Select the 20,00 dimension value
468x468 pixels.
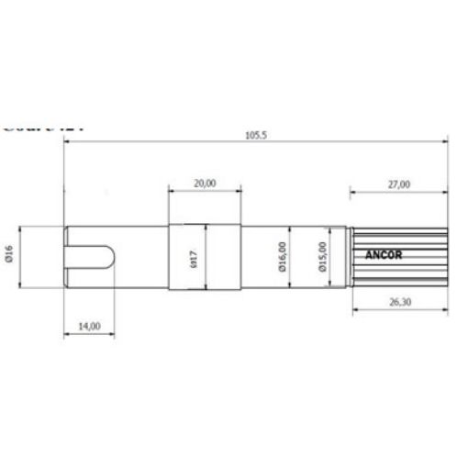(x=205, y=183)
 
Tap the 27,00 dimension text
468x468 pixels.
(x=398, y=184)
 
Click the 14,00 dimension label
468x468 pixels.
(x=89, y=325)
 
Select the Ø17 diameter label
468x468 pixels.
(x=195, y=259)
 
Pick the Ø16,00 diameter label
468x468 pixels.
(x=282, y=259)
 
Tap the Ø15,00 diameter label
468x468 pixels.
(x=321, y=258)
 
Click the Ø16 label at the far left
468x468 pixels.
(x=8, y=255)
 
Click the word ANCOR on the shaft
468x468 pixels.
(x=383, y=256)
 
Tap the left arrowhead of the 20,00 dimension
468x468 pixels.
(x=171, y=191)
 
